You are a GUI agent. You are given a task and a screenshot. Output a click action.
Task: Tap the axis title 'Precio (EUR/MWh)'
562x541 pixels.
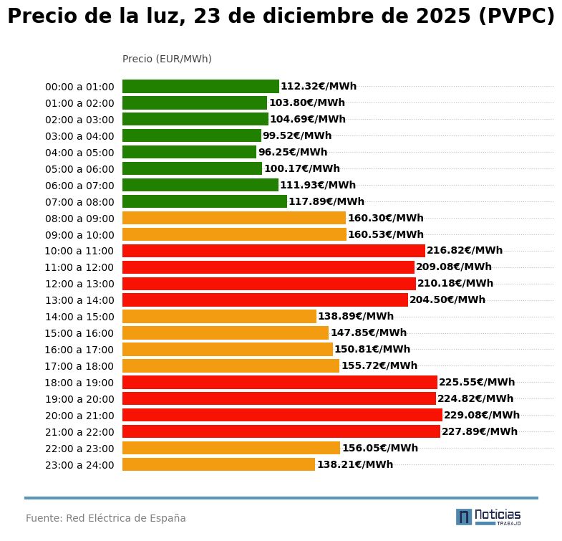point(167,59)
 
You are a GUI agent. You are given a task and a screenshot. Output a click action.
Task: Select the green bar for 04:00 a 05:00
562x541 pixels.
point(189,152)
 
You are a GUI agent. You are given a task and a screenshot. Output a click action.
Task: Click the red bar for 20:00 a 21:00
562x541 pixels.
point(282,415)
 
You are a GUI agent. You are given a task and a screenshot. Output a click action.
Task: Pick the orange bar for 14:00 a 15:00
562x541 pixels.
point(219,316)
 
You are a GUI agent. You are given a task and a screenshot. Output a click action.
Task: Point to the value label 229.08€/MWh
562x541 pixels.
point(481,415)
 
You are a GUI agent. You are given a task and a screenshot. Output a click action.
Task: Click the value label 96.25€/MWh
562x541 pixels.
point(292,152)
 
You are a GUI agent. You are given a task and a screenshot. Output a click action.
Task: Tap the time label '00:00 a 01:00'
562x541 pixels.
point(79,87)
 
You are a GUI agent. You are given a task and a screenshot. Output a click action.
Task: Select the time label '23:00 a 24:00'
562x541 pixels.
point(79,465)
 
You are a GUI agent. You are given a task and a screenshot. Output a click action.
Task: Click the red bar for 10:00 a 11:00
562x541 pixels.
point(273,251)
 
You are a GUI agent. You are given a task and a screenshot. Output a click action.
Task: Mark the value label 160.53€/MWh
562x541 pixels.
point(385,234)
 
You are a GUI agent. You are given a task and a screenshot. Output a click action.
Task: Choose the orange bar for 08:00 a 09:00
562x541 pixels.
point(234,218)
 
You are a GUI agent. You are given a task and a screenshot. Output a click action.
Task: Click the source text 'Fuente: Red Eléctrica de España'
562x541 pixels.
point(106,518)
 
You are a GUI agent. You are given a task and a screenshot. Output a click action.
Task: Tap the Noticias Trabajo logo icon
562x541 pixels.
point(464,517)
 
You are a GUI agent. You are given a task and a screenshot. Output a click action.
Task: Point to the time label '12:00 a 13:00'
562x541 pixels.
point(79,284)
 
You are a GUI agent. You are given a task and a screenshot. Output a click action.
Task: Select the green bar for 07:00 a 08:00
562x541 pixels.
point(204,201)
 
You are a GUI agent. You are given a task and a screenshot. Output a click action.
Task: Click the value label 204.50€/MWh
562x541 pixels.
point(447,300)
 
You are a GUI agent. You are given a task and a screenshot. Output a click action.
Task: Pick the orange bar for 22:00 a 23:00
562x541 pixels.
point(231,448)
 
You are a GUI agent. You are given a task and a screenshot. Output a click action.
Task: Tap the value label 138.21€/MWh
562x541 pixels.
point(354,464)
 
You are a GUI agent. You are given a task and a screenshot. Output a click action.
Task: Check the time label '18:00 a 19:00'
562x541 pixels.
point(79,383)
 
